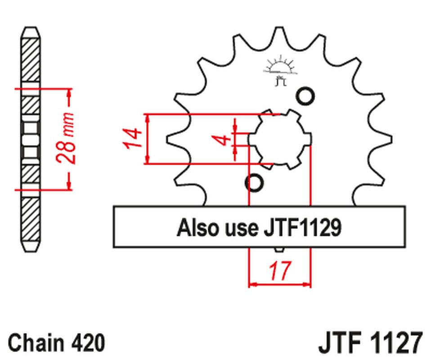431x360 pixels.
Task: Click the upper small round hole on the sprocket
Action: coord(305,96)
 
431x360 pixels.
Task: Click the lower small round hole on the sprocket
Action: coord(254,183)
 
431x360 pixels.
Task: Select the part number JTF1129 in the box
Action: coord(301,228)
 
